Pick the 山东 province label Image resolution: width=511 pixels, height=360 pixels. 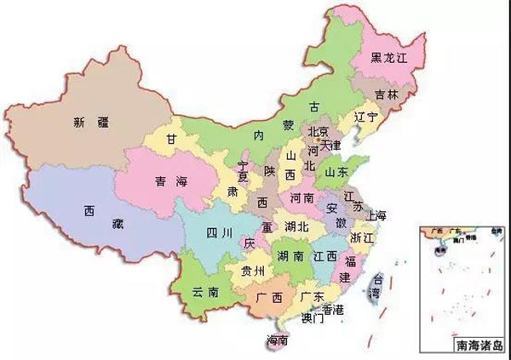(x=336, y=172)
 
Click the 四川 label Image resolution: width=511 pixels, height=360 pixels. (x=206, y=231)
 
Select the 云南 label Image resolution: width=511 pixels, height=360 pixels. (x=205, y=291)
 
